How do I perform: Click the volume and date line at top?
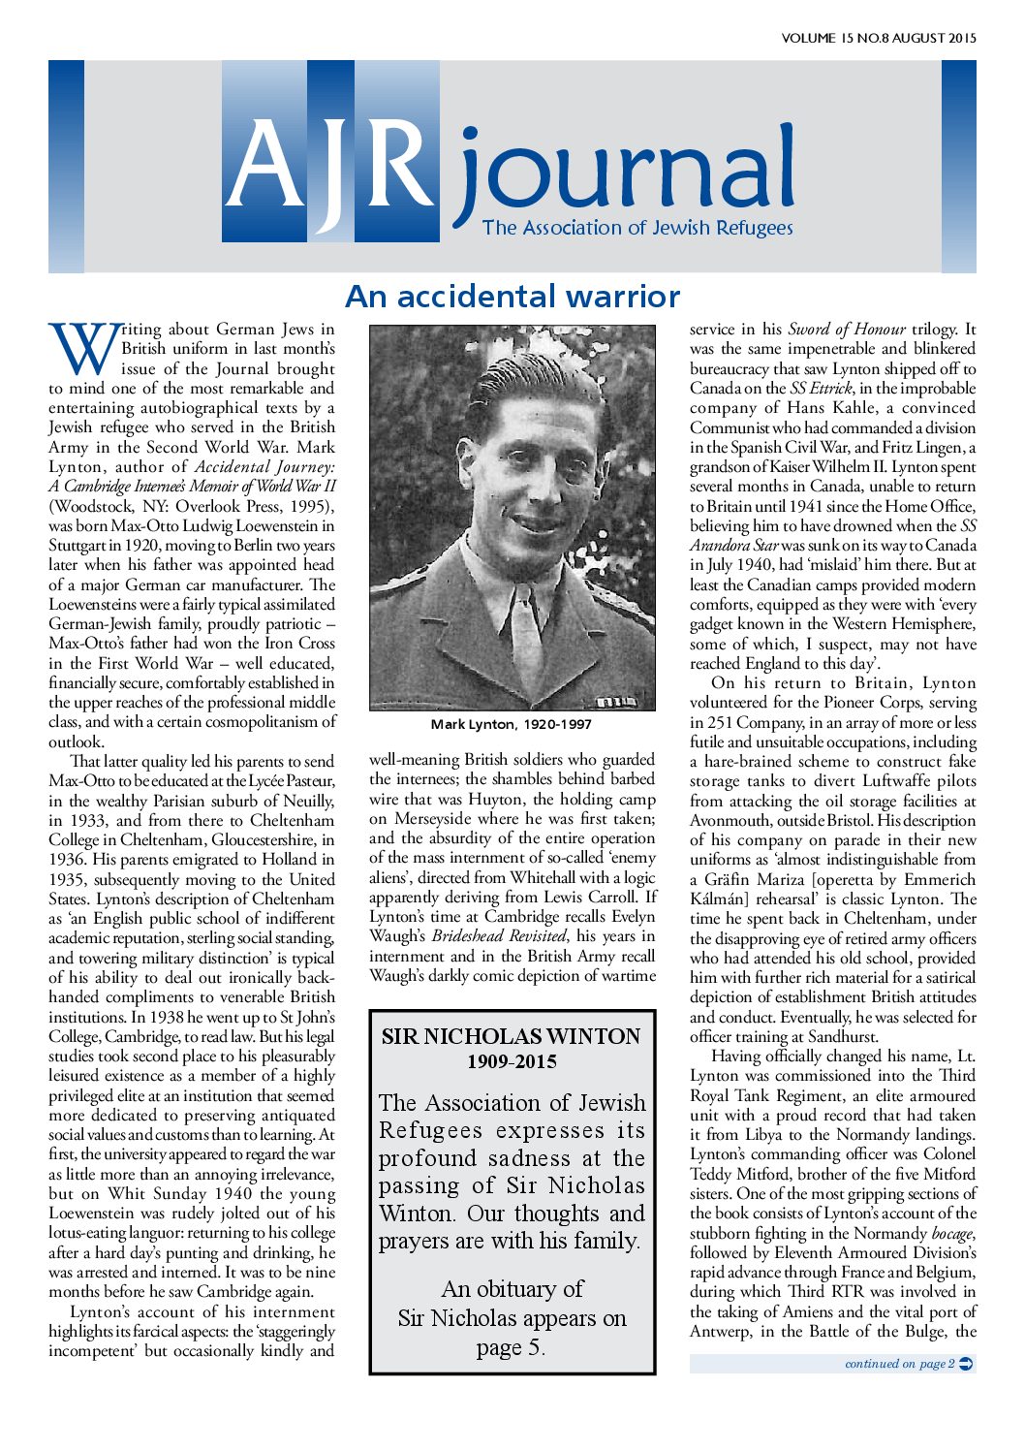tap(878, 39)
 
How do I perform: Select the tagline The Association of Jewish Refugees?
tap(637, 229)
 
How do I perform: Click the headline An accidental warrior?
tap(512, 296)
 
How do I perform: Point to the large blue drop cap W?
tap(82, 349)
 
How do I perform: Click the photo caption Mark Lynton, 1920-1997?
tap(511, 725)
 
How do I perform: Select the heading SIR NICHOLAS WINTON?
tap(511, 1037)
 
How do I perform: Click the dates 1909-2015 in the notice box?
tap(511, 1062)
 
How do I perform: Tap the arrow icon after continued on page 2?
tap(965, 1364)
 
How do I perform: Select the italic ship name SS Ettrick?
tap(821, 389)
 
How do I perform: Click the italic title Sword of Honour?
tap(847, 330)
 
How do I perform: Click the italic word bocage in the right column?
tap(951, 1233)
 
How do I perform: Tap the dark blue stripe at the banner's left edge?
tap(66, 166)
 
